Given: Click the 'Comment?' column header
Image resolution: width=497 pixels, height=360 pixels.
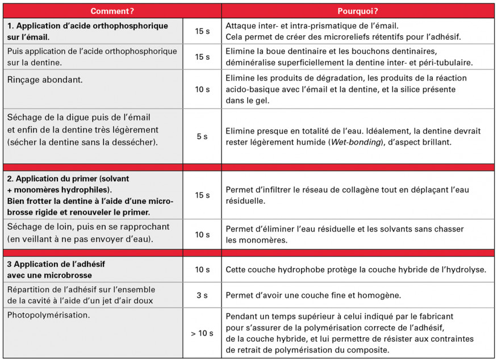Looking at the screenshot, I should (x=112, y=11).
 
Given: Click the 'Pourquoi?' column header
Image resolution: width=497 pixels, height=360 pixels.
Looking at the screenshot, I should (x=358, y=11).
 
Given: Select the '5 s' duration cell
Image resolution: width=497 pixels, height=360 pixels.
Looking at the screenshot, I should (x=202, y=136).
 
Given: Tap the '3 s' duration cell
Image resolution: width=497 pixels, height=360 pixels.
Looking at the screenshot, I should (x=202, y=295).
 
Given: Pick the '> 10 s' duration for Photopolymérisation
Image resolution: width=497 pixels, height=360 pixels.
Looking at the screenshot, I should (x=202, y=333).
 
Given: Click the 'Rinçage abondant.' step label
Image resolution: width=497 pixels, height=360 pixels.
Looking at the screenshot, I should (x=45, y=80).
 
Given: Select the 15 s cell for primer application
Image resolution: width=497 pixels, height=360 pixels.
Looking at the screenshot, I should (x=202, y=195).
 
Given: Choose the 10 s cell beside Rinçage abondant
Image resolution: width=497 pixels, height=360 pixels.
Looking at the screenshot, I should (x=202, y=89).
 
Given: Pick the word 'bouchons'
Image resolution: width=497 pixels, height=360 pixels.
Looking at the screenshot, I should (x=347, y=52).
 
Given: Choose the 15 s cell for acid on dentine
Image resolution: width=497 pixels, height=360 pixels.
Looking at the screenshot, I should (x=202, y=57).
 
